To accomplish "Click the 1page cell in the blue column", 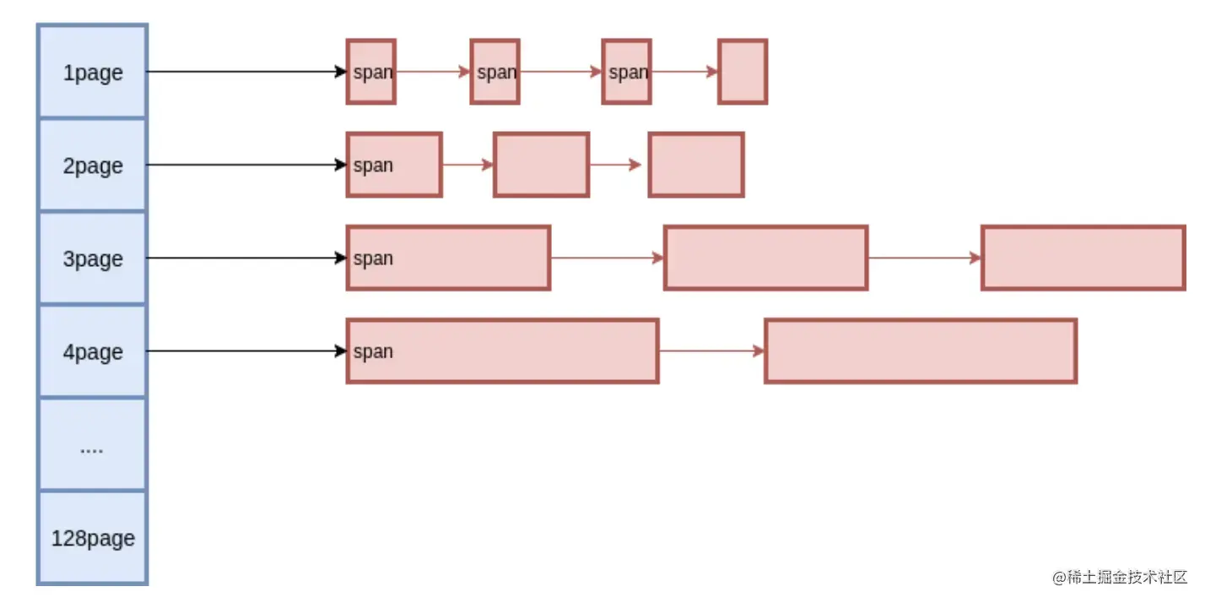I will click(x=93, y=73).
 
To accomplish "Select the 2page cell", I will click(x=93, y=166).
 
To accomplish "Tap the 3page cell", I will click(x=93, y=258).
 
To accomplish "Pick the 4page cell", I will click(x=93, y=351).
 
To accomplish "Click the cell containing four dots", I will click(x=92, y=445).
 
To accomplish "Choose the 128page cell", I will click(x=93, y=538).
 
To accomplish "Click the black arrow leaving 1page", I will click(x=245, y=72).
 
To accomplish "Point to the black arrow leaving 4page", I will click(x=245, y=350).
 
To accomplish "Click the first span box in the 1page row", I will click(x=371, y=72).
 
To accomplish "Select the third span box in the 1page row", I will click(x=626, y=72).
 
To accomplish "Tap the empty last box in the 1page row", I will click(x=743, y=72).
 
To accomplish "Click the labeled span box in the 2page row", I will click(x=394, y=165).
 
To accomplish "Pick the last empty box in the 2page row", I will click(x=696, y=165).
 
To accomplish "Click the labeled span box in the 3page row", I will click(x=448, y=258).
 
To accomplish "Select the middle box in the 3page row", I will click(x=765, y=258).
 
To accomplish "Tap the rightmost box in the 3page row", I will click(x=1083, y=258).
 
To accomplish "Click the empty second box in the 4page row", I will click(x=921, y=350).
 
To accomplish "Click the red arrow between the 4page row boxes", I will click(x=711, y=350).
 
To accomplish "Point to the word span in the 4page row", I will click(x=374, y=351).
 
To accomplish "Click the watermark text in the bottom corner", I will click(x=1119, y=578).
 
